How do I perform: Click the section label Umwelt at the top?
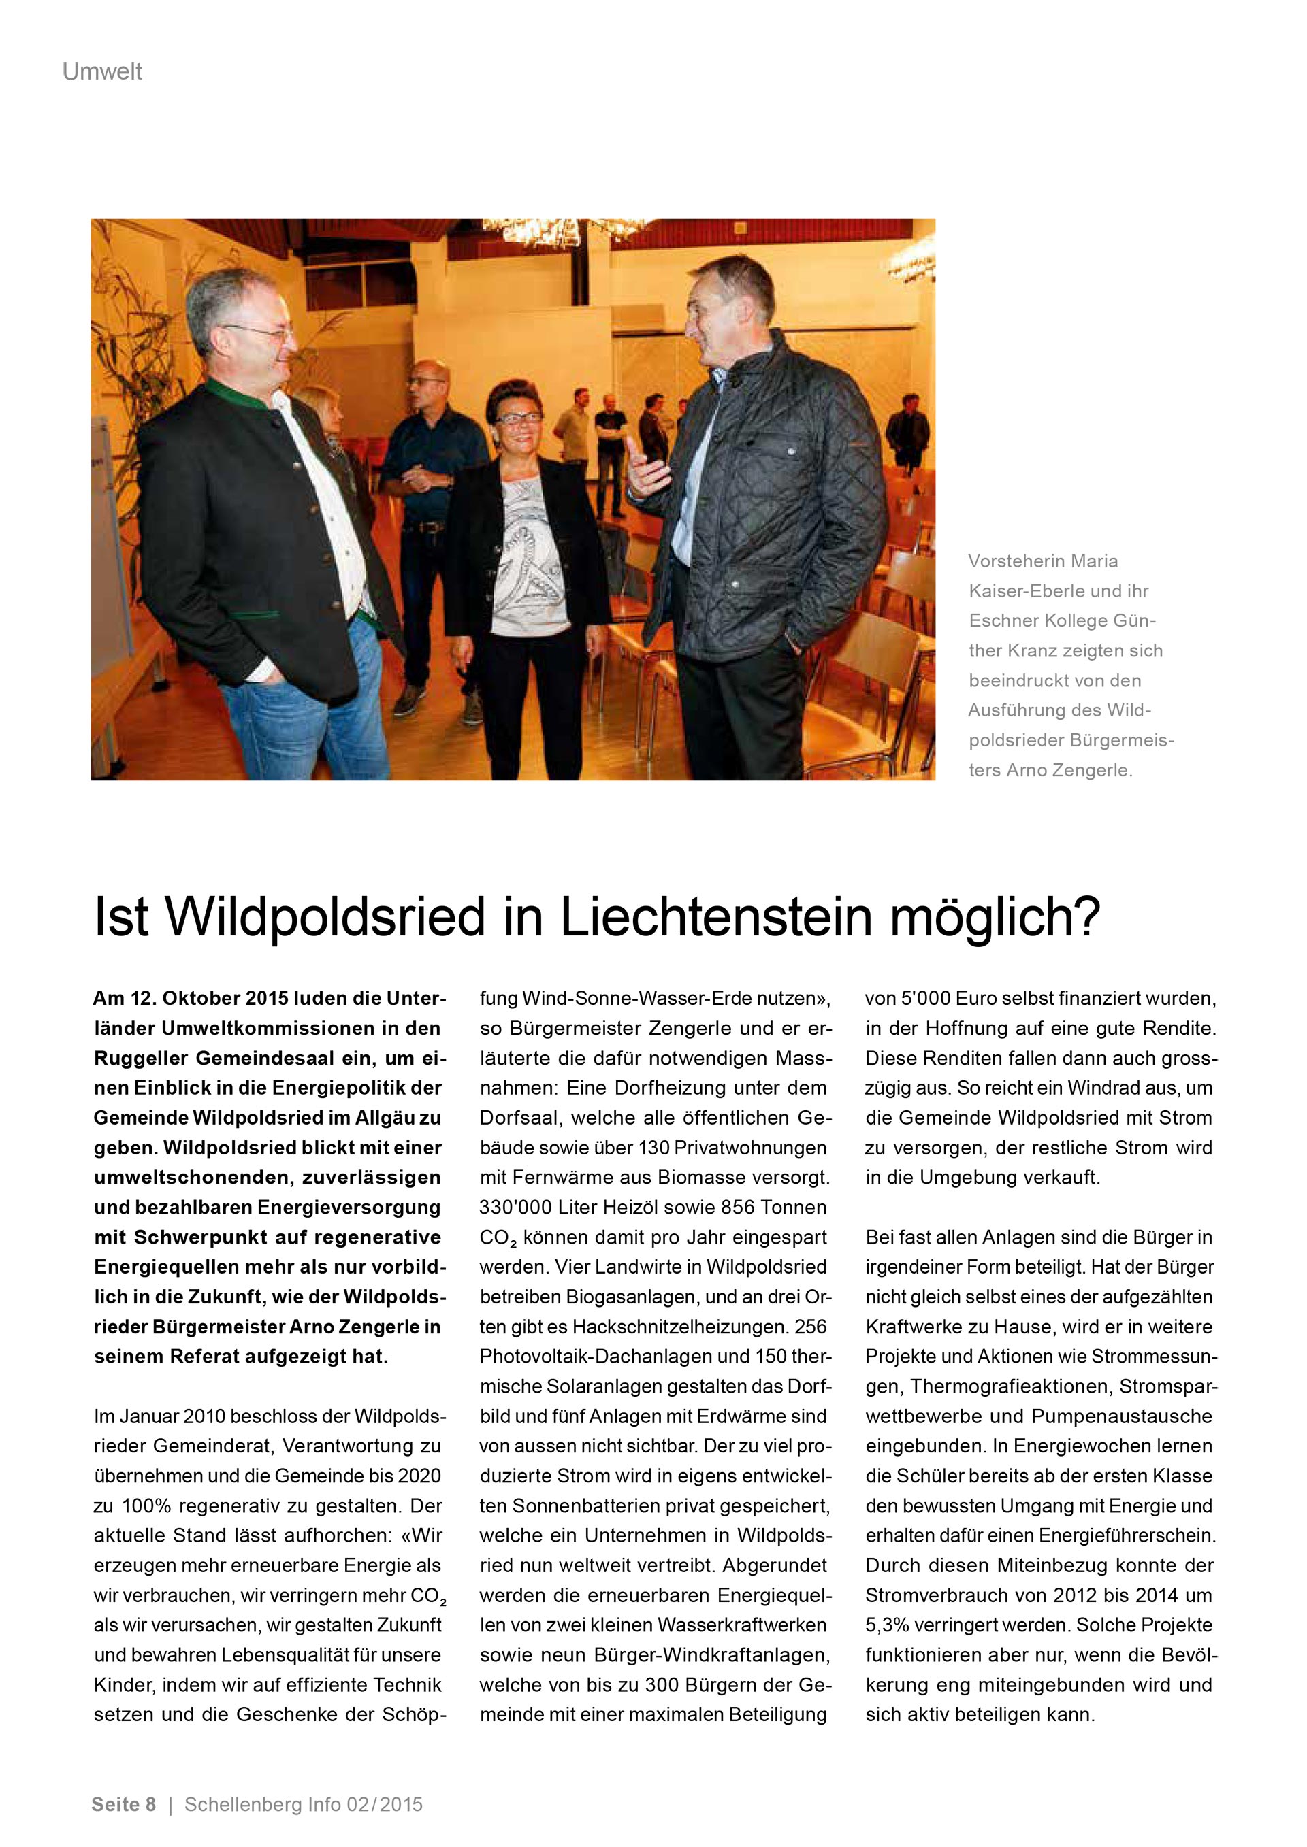[x=102, y=71]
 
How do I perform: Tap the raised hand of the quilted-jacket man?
[x=647, y=467]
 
